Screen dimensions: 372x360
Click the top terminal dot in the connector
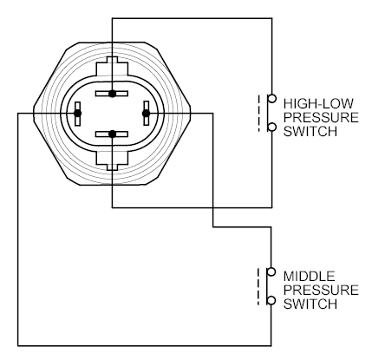(112, 94)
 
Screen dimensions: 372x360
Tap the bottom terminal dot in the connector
(112, 134)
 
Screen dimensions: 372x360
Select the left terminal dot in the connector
(77, 114)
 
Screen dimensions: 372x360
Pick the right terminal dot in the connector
(147, 114)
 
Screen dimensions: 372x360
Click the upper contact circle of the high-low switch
(271, 99)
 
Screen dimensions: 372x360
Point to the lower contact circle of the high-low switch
(271, 127)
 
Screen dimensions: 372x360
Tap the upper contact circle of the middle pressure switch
(271, 272)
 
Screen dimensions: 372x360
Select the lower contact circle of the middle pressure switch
(271, 300)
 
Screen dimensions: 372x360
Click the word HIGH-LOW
(318, 103)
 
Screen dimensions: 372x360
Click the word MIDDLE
(309, 276)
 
